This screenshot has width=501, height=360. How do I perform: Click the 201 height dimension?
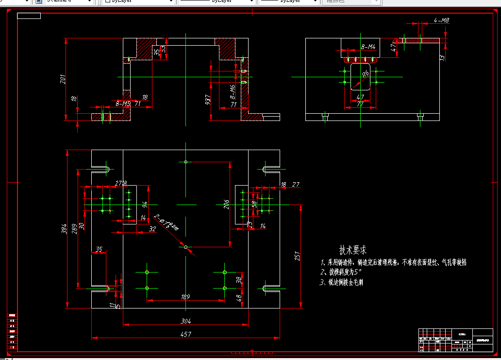(x=63, y=79)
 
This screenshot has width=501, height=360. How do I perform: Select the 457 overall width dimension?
(x=185, y=334)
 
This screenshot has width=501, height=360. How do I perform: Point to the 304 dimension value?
(x=185, y=321)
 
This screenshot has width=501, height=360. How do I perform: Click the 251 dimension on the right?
(x=298, y=256)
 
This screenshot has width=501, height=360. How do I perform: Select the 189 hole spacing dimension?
(x=185, y=297)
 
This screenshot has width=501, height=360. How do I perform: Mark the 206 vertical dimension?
(x=226, y=205)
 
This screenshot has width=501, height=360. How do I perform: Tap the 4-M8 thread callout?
(x=441, y=20)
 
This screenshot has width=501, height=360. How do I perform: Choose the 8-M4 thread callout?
(x=368, y=47)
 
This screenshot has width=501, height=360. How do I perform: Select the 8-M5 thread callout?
(x=123, y=103)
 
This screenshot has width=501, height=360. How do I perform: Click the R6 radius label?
(x=366, y=73)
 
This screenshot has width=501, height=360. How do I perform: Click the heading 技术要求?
(x=353, y=250)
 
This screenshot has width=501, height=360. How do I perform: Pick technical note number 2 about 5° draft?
(x=341, y=272)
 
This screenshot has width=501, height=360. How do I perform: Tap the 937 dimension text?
(x=208, y=100)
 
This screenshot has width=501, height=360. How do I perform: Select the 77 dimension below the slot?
(x=360, y=104)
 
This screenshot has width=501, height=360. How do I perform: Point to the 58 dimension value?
(x=253, y=204)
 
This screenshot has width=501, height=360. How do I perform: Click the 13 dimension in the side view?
(x=442, y=58)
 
